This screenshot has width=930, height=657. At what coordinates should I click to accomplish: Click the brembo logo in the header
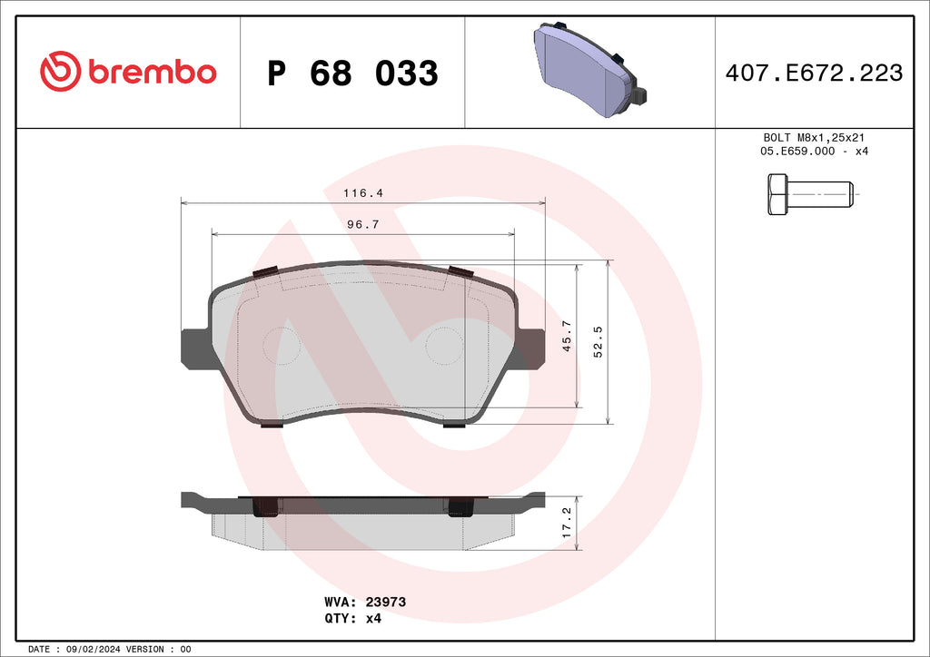[x=128, y=72]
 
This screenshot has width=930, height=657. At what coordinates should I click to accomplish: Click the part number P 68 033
[x=352, y=73]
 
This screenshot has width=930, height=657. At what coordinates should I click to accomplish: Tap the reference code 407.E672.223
[x=814, y=73]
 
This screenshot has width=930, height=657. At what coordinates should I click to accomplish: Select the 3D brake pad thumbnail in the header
[x=589, y=71]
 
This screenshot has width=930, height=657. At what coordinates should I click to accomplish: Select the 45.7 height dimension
[x=567, y=337]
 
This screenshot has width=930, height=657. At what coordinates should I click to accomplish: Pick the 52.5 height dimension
[x=598, y=342]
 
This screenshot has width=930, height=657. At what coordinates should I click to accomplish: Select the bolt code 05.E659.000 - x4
[x=814, y=151]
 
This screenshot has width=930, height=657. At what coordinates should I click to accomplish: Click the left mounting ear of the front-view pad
[x=195, y=348]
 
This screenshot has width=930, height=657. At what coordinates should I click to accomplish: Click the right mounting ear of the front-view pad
[x=531, y=348]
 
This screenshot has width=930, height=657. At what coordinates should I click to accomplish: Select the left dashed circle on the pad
[x=281, y=346]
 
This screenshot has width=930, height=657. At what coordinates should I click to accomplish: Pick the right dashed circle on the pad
[x=445, y=346]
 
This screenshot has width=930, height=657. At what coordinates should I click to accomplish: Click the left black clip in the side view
[x=265, y=507]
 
